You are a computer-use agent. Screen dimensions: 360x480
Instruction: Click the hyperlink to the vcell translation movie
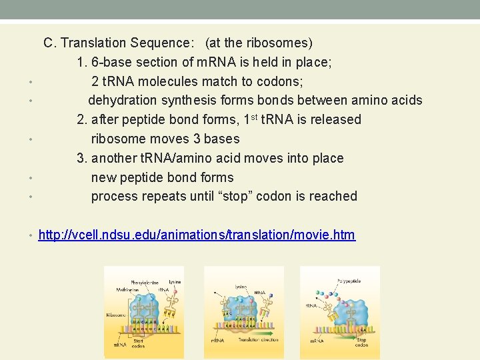tap(197, 235)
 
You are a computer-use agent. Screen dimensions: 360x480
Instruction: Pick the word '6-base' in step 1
tap(111, 62)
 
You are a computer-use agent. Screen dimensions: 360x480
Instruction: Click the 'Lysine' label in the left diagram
tap(175, 282)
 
